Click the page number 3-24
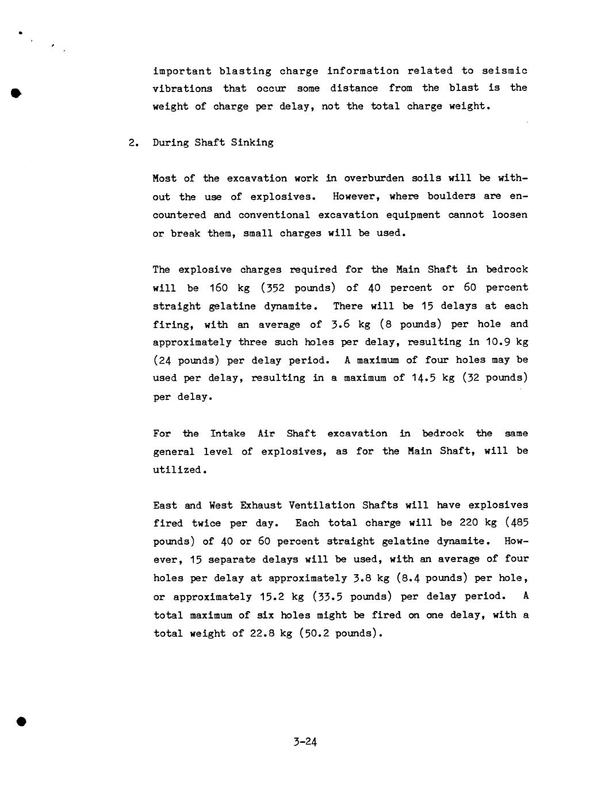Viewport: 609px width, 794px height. tap(305, 742)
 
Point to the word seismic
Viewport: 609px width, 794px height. tap(504, 71)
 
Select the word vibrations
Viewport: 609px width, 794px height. tap(182, 89)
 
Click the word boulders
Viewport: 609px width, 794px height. tap(448, 196)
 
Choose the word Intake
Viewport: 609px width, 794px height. tap(228, 433)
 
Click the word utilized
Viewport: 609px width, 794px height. tap(178, 470)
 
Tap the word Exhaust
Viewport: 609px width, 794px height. tap(261, 505)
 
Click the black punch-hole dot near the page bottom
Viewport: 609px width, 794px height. tap(21, 722)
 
